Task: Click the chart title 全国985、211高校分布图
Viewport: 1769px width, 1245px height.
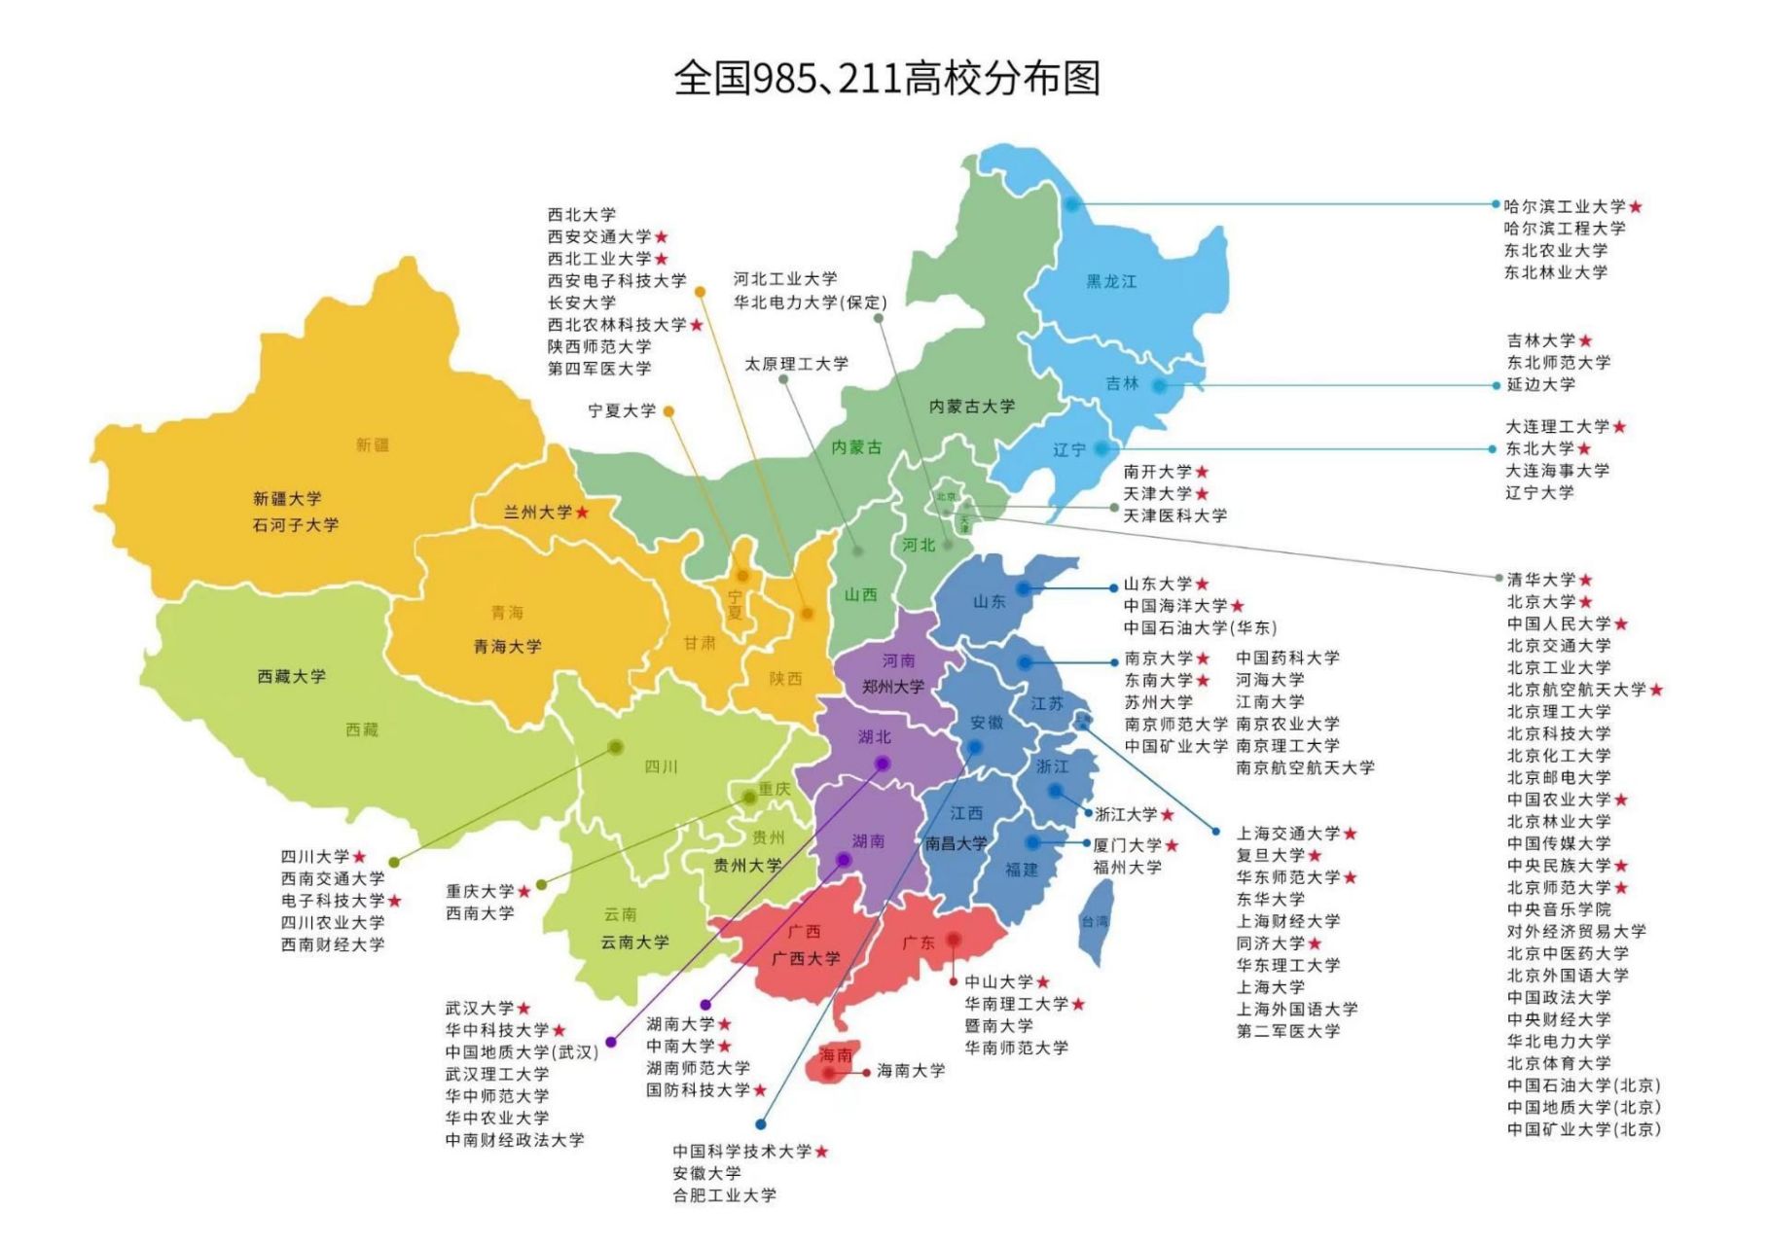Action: point(885,78)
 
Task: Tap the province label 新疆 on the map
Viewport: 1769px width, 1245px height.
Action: point(372,445)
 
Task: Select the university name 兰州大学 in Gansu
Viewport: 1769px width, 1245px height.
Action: point(537,513)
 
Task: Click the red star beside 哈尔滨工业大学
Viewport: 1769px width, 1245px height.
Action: point(1636,207)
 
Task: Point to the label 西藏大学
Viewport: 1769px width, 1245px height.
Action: point(291,677)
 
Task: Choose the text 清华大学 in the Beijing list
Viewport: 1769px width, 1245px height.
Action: point(1540,580)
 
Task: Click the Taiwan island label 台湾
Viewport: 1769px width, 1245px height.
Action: point(1095,921)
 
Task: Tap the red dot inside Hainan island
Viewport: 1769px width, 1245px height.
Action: point(829,1074)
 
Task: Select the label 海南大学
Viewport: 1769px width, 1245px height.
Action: point(911,1071)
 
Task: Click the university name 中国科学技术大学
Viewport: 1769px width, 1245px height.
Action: point(741,1152)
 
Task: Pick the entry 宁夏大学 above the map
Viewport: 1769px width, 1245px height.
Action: point(622,411)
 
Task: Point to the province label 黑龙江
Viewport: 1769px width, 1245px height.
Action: point(1111,282)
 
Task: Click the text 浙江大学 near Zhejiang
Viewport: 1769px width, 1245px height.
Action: point(1126,815)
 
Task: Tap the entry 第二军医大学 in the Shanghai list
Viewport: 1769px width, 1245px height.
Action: point(1287,1031)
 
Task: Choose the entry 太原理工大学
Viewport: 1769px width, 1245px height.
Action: point(796,364)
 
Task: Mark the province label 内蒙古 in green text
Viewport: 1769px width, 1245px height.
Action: point(856,447)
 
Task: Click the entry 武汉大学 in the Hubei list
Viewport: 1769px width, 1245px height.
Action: point(480,1009)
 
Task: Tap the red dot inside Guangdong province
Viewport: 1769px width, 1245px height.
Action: point(954,940)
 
